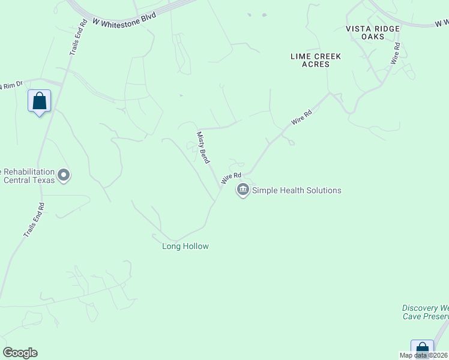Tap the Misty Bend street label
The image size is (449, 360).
point(203,148)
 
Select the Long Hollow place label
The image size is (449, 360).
point(185,246)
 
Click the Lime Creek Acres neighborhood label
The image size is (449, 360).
point(315,60)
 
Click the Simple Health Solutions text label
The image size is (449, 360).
point(297,191)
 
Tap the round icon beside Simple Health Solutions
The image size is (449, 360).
point(243,191)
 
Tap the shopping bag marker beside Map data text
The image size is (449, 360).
point(422,349)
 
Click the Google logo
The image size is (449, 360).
point(20,353)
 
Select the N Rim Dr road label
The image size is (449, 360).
point(11,85)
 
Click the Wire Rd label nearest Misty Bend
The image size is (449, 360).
point(226,178)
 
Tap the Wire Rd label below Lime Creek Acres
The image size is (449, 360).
point(302,117)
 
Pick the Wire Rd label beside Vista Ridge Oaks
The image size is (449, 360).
point(395,53)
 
